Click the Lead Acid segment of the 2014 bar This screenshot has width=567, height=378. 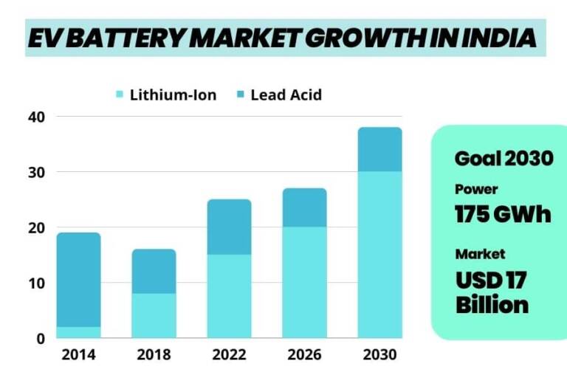[x=78, y=280]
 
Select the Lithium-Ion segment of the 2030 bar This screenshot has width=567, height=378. [x=379, y=255]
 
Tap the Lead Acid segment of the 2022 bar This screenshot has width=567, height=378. [x=229, y=227]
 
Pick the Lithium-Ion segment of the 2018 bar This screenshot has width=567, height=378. [x=154, y=315]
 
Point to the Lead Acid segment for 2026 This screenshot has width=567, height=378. [x=304, y=207]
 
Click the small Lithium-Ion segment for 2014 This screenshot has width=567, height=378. [x=78, y=332]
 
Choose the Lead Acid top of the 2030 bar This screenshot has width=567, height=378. [x=379, y=149]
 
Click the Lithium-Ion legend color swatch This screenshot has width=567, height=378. [x=120, y=94]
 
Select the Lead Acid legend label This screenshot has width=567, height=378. [x=286, y=94]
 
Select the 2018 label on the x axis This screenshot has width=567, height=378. [x=154, y=355]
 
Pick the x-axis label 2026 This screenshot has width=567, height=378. [x=304, y=355]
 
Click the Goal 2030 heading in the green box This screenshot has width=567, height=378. [x=504, y=158]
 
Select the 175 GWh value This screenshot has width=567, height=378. [x=503, y=214]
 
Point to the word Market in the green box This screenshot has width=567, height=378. [x=480, y=254]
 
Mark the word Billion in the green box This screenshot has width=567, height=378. [x=492, y=304]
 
